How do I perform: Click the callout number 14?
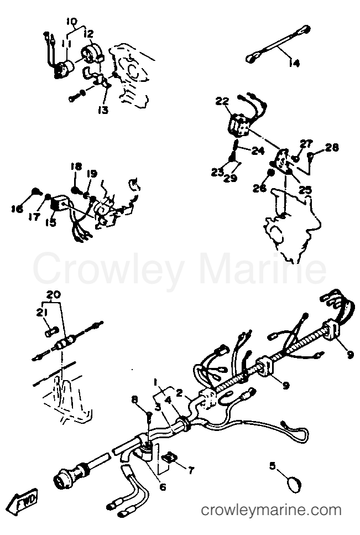click(294, 63)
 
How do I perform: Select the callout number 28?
click(332, 147)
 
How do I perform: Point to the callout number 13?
click(103, 110)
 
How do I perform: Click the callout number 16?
click(18, 208)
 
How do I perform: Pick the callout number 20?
click(54, 294)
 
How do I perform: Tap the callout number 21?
click(42, 312)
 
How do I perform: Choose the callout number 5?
click(272, 465)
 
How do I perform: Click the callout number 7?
click(191, 470)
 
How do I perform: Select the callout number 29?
click(231, 178)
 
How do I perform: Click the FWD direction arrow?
click(24, 501)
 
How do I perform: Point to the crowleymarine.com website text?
click(271, 510)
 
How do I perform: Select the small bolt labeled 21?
click(52, 331)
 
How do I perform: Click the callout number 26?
click(260, 188)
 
